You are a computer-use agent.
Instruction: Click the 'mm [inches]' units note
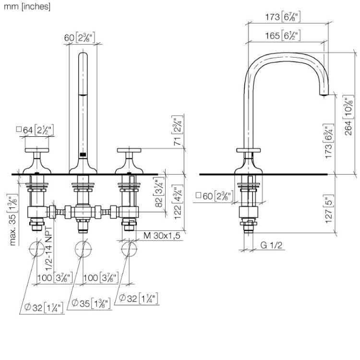27,6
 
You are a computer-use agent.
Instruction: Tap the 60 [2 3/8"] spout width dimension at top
79,37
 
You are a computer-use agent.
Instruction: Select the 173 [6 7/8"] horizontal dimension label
283,16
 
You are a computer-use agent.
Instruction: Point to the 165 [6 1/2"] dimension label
283,36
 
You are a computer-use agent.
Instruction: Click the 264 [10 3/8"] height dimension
348,115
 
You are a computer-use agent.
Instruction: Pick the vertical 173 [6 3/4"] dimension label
328,141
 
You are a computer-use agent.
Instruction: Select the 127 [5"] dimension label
329,209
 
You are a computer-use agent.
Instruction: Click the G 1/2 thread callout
271,245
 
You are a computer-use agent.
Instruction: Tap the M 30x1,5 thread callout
162,235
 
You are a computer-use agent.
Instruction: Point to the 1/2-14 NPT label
48,248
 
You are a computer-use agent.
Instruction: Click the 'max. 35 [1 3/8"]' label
13,220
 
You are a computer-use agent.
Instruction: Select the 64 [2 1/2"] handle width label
35,130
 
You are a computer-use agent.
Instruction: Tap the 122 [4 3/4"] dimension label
178,202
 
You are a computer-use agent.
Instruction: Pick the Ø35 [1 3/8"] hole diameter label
91,303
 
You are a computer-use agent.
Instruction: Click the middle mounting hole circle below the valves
83,249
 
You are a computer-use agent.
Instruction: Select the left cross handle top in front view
37,150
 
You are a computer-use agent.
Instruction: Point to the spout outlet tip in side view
324,95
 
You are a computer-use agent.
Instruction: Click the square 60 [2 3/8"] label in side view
215,196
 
